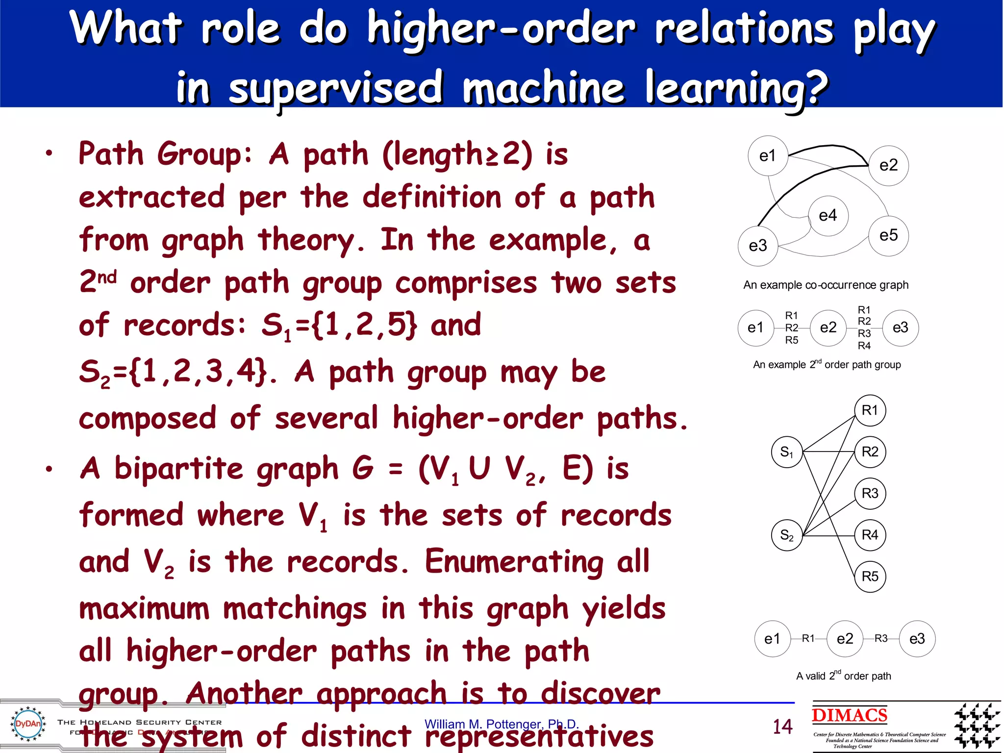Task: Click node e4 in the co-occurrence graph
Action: (x=828, y=216)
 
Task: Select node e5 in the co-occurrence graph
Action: (x=888, y=235)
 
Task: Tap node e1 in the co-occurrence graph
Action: (x=768, y=156)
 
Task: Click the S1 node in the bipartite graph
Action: (x=786, y=452)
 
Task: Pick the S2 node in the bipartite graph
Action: (x=786, y=535)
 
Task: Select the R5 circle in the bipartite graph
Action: (x=870, y=576)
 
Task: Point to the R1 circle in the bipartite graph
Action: (x=870, y=410)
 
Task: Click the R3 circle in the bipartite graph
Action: (x=870, y=493)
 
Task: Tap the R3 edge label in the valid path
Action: (x=881, y=638)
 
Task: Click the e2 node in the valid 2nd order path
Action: (x=845, y=639)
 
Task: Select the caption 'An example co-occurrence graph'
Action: (x=826, y=285)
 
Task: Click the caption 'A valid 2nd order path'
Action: (x=843, y=676)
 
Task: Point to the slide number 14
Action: (x=782, y=726)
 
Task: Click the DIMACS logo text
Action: (x=849, y=715)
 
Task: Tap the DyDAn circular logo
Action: (x=28, y=724)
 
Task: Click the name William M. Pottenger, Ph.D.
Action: (x=502, y=724)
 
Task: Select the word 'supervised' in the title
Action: (x=336, y=88)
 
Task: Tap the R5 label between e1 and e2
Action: (x=792, y=340)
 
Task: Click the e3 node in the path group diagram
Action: (x=900, y=327)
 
